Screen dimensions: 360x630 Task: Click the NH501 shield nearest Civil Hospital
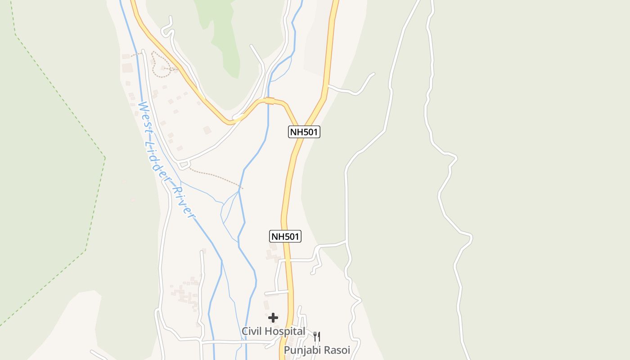(x=285, y=236)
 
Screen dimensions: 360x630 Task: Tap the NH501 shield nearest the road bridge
(x=304, y=132)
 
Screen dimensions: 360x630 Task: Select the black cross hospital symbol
(x=273, y=318)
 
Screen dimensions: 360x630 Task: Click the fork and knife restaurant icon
(x=317, y=337)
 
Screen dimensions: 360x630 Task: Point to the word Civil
(x=252, y=331)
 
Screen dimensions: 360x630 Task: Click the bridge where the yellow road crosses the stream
(x=270, y=100)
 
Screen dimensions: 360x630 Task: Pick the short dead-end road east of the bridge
(x=355, y=90)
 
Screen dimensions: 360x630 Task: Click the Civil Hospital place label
(x=273, y=331)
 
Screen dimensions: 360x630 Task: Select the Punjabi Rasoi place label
(x=317, y=350)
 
